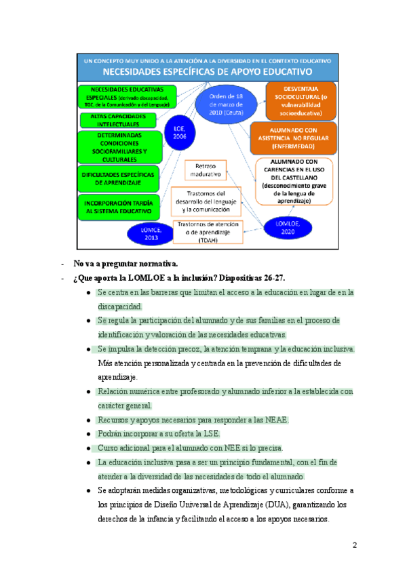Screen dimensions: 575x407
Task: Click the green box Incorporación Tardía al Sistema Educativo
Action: pos(120,207)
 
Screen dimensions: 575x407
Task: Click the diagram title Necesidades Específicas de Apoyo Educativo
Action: pos(206,71)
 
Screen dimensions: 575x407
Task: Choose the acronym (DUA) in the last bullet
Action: pos(280,505)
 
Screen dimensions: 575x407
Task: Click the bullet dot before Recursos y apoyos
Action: pos(90,420)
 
